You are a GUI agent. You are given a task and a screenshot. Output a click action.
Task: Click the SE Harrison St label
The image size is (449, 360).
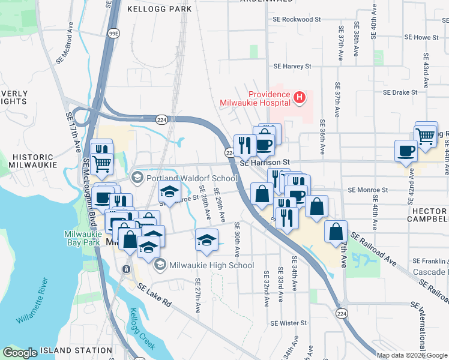tap(265, 163)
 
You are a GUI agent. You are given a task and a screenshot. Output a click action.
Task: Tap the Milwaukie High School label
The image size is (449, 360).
tap(211, 265)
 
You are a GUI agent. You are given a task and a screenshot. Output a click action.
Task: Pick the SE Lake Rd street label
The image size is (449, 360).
tap(155, 295)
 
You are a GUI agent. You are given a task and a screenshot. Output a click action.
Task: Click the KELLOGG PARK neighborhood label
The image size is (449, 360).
tap(160, 9)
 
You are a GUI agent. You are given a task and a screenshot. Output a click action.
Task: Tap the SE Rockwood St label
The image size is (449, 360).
tap(294, 19)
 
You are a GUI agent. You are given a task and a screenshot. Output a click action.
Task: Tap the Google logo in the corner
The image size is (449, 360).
tap(20, 353)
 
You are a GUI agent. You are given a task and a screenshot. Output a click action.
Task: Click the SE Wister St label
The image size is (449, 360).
tap(288, 323)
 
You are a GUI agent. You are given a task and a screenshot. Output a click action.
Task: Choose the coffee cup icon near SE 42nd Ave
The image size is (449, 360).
tap(406, 150)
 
